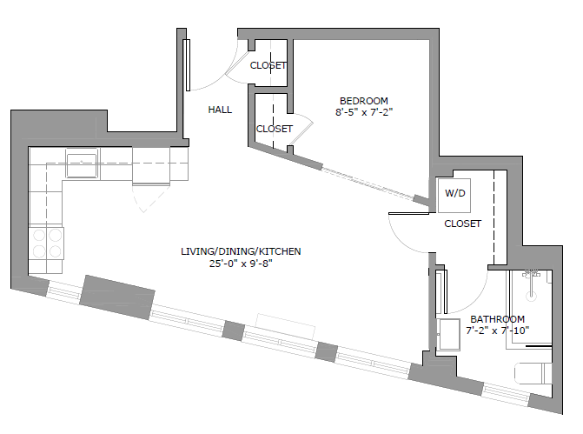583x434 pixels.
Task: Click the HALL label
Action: pos(220,110)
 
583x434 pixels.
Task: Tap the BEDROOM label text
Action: pos(364,100)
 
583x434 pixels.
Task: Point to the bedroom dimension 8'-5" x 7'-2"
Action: pos(364,112)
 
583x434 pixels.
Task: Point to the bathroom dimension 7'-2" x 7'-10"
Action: pos(497,331)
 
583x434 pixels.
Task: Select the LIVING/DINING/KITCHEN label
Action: pos(241,251)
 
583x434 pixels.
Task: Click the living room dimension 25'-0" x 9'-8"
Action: pos(241,264)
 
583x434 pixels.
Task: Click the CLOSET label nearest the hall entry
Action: pos(268,65)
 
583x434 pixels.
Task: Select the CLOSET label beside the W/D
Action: pos(462,224)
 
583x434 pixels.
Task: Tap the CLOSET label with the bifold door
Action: pos(274,129)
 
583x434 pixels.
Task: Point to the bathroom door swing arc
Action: pos(465,291)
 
